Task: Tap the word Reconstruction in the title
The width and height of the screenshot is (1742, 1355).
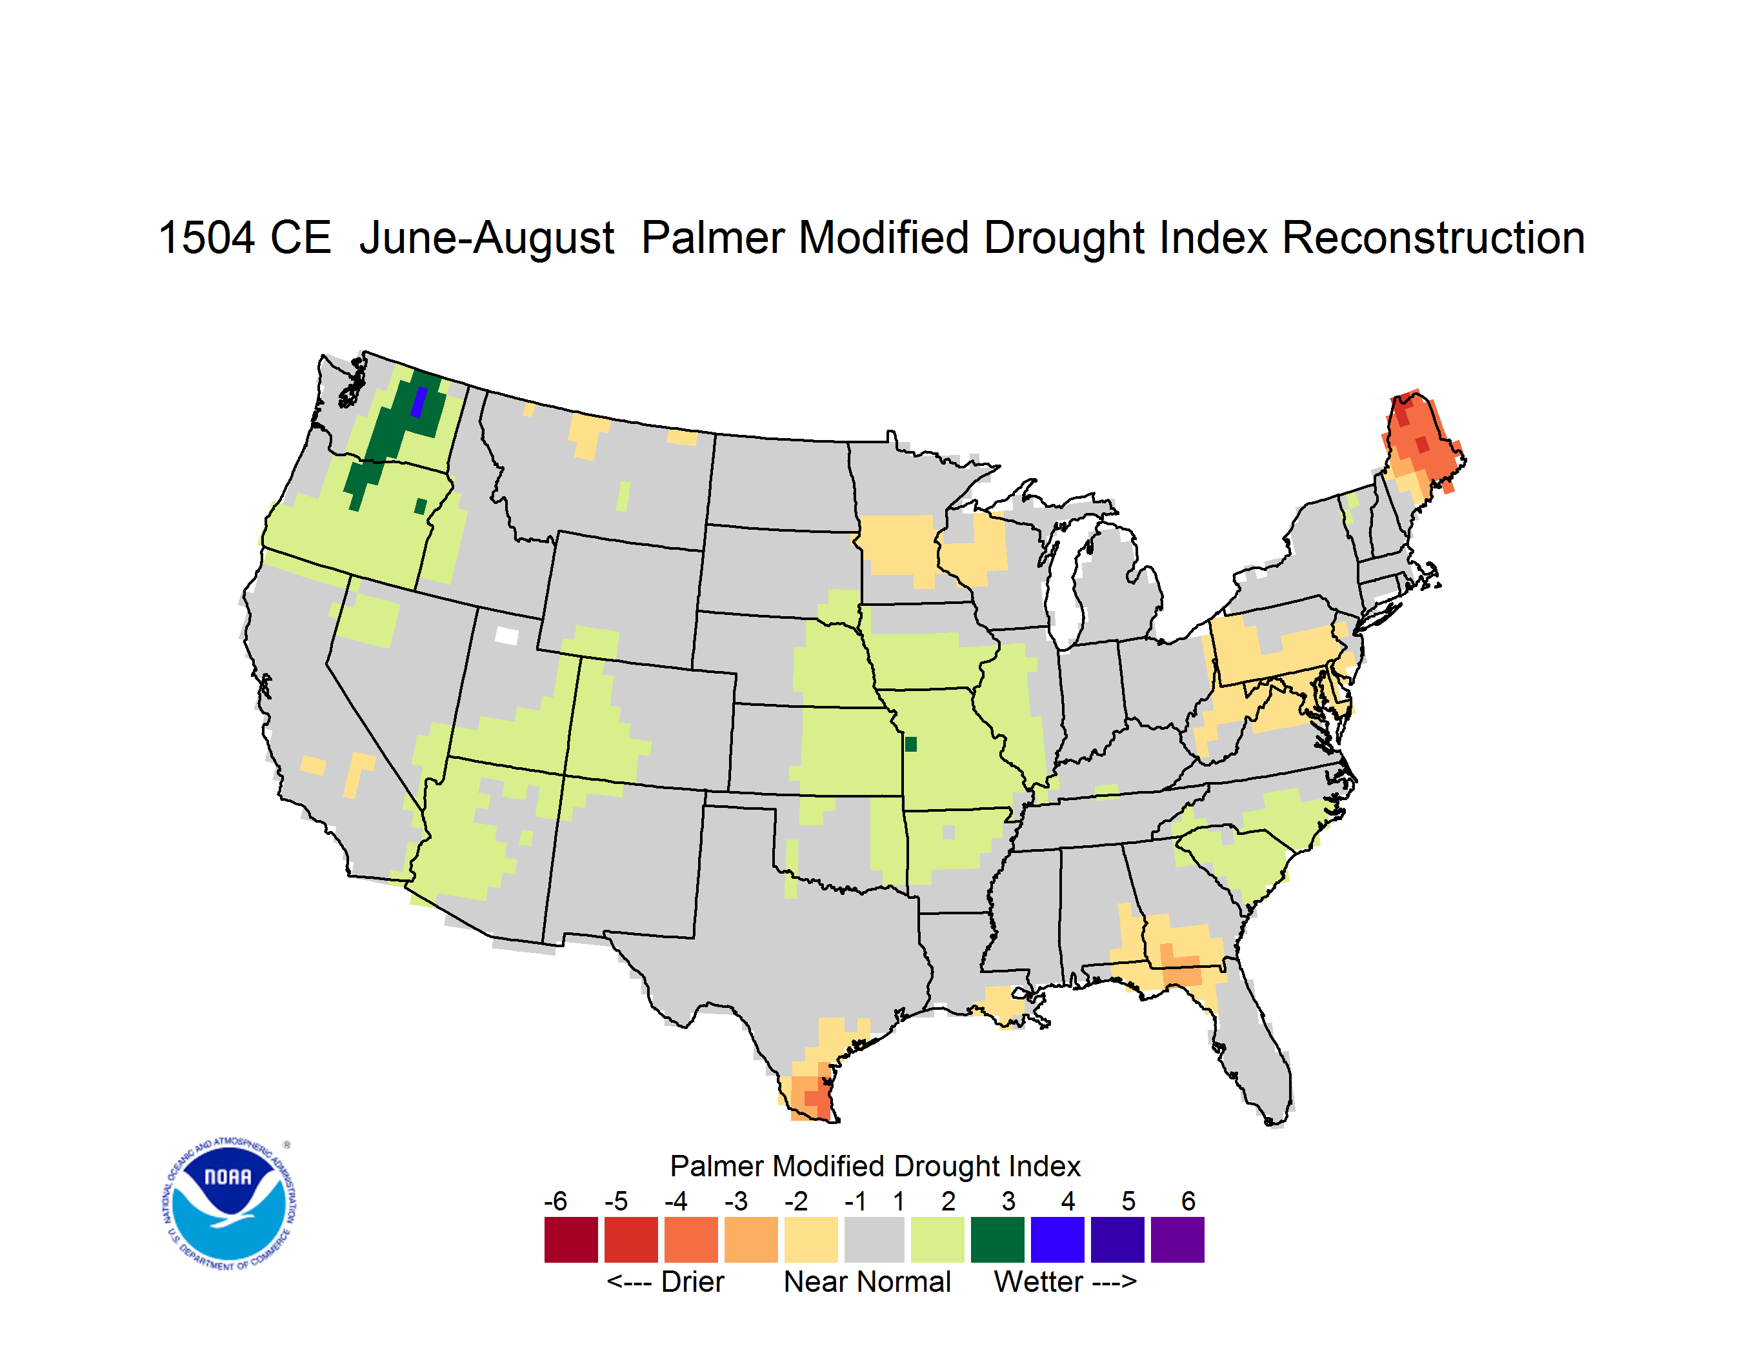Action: pyautogui.click(x=1434, y=237)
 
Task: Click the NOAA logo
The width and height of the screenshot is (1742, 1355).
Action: pyautogui.click(x=229, y=1203)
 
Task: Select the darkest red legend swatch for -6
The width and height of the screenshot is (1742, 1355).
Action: pyautogui.click(x=571, y=1240)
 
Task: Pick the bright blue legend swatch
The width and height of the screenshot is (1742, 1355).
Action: pyautogui.click(x=1057, y=1240)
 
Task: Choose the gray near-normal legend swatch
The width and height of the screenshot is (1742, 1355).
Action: pyautogui.click(x=874, y=1240)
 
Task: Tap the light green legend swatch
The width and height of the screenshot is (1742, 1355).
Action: pyautogui.click(x=937, y=1240)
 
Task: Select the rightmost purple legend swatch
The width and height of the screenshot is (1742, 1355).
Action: pyautogui.click(x=1177, y=1240)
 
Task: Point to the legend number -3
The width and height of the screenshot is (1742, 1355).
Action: pyautogui.click(x=736, y=1201)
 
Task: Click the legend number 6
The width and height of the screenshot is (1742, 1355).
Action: pyautogui.click(x=1188, y=1201)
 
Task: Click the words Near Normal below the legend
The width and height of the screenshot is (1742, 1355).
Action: pyautogui.click(x=867, y=1281)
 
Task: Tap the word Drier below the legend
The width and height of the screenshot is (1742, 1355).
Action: pyautogui.click(x=692, y=1281)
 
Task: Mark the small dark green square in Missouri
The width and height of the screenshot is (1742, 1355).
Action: pyautogui.click(x=911, y=744)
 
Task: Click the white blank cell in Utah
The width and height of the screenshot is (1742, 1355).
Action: pyautogui.click(x=506, y=636)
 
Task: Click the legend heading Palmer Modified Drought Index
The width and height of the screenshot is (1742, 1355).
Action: pyautogui.click(x=875, y=1166)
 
